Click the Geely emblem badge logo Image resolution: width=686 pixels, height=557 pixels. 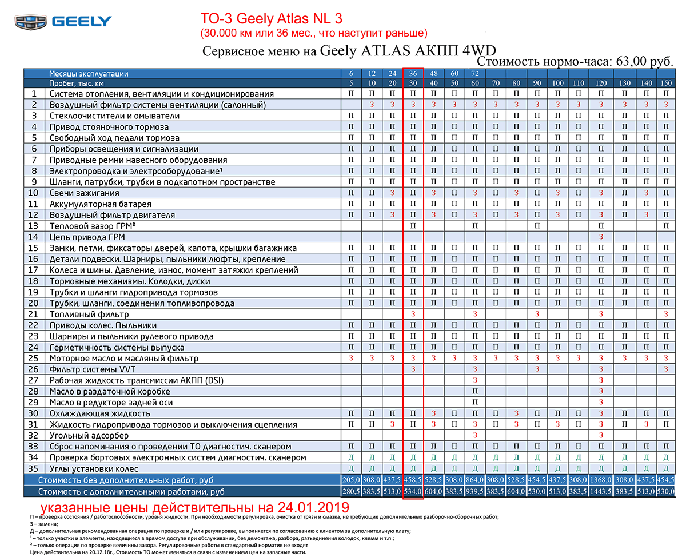click(x=31, y=22)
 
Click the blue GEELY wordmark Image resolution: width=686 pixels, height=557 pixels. click(x=82, y=22)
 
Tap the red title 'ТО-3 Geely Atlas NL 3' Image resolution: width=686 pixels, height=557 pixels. click(x=271, y=18)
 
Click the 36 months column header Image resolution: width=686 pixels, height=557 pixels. click(x=413, y=73)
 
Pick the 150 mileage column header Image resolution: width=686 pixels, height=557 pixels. click(x=666, y=83)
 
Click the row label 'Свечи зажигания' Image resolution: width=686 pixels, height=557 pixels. click(x=84, y=193)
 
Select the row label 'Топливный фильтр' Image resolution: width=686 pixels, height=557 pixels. click(x=89, y=314)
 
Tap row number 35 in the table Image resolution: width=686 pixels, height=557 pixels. click(x=33, y=468)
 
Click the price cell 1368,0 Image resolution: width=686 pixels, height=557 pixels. click(x=600, y=479)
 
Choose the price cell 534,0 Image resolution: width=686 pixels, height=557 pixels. click(x=413, y=491)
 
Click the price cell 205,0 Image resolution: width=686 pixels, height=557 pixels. click(x=351, y=479)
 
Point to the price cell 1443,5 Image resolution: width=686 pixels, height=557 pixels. click(x=600, y=491)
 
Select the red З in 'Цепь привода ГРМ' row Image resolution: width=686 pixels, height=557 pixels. click(x=601, y=237)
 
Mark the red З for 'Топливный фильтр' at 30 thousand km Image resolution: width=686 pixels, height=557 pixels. click(x=413, y=314)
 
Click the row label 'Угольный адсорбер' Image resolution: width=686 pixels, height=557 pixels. click(x=89, y=435)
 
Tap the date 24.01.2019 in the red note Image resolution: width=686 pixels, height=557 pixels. click(x=313, y=507)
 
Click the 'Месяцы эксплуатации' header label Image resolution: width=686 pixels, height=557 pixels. click(x=89, y=74)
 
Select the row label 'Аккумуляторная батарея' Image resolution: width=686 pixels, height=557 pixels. click(x=100, y=204)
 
